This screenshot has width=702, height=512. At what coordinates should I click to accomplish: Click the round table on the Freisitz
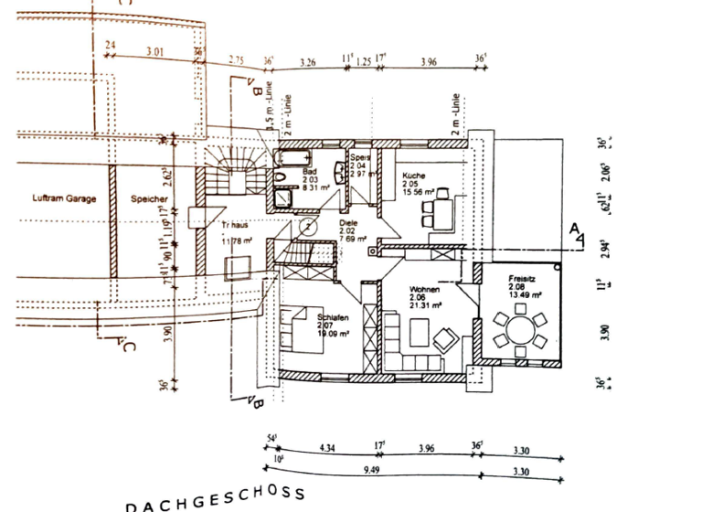coord(517,332)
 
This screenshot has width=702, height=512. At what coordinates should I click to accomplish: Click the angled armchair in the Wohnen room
coord(446,339)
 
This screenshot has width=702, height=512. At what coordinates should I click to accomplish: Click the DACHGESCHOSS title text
coord(215,498)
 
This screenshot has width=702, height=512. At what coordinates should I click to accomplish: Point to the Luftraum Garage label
coord(64,198)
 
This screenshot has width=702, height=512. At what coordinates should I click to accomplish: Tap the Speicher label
coord(148,198)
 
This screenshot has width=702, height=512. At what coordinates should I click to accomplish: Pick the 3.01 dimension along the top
coord(154,52)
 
